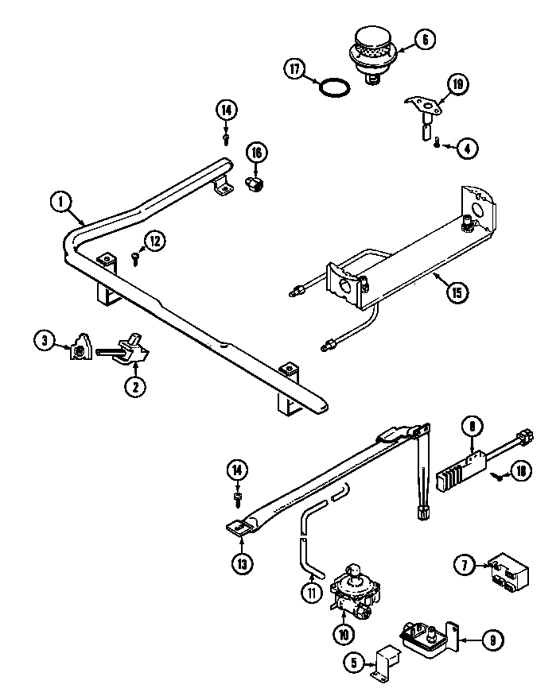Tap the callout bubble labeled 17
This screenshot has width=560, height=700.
tap(296, 69)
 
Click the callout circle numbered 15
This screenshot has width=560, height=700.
tap(456, 292)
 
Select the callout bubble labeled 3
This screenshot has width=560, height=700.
tap(45, 341)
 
